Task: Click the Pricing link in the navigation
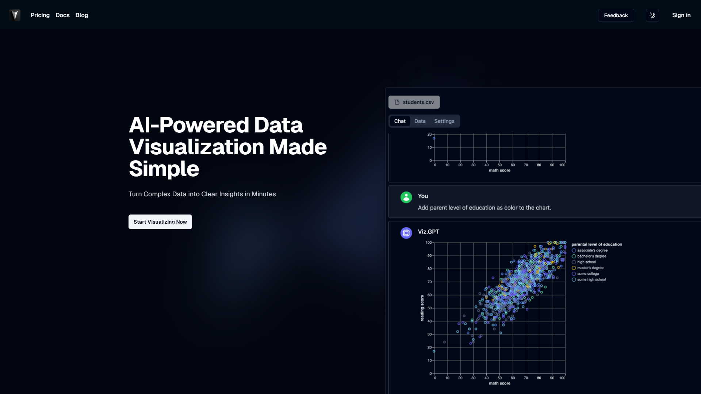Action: (40, 15)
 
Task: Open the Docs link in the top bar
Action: (62, 15)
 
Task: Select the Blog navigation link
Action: (82, 15)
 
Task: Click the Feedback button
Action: (616, 15)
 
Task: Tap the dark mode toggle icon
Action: (652, 15)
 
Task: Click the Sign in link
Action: (681, 15)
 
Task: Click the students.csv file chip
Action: (414, 102)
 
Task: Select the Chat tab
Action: (400, 121)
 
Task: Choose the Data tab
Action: (420, 121)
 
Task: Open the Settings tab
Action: (444, 121)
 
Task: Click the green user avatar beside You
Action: (406, 197)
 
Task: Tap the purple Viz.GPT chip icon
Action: (406, 233)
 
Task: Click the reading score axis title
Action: (422, 308)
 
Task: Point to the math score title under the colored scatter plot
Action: (499, 383)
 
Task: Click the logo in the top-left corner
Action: (15, 15)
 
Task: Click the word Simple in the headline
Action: (164, 169)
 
